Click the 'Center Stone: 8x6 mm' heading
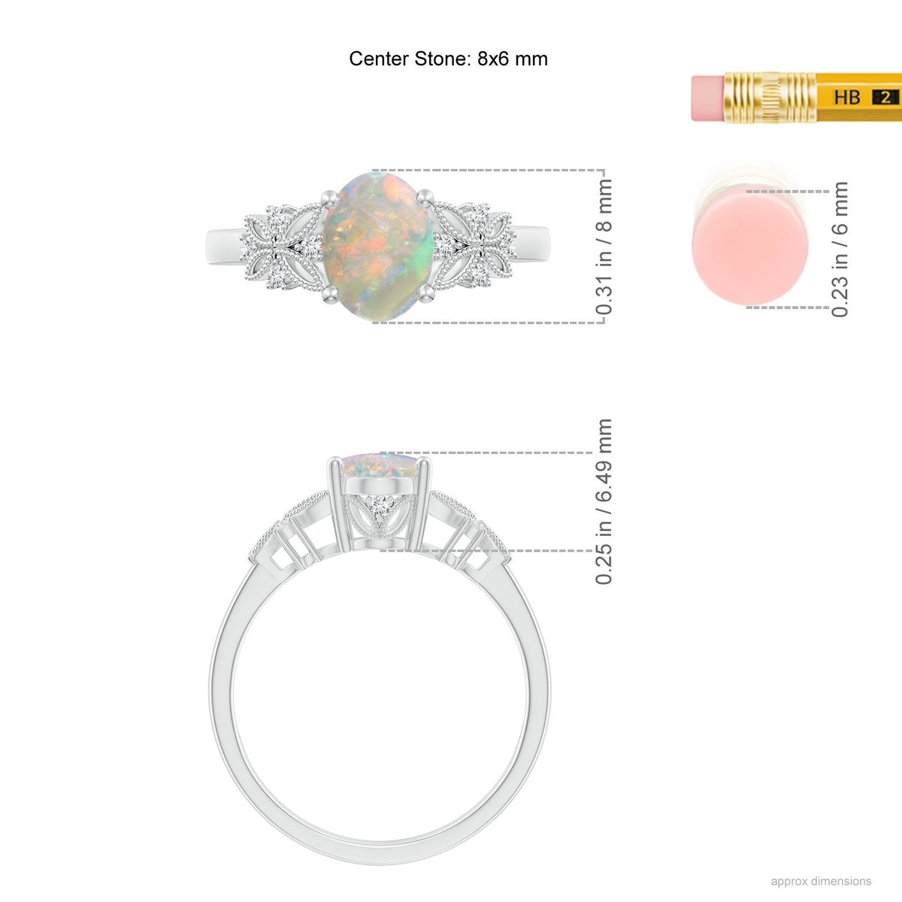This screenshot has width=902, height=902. [x=448, y=59]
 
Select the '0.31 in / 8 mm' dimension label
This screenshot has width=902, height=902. [x=604, y=247]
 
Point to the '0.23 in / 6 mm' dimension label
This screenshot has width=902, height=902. [x=840, y=250]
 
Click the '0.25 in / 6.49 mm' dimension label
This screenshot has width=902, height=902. [x=604, y=501]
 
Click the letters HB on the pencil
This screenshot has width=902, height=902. [x=847, y=98]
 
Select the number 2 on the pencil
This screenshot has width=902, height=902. [x=885, y=98]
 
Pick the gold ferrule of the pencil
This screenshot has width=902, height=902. [x=770, y=98]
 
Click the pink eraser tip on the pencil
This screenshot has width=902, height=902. [x=708, y=98]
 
